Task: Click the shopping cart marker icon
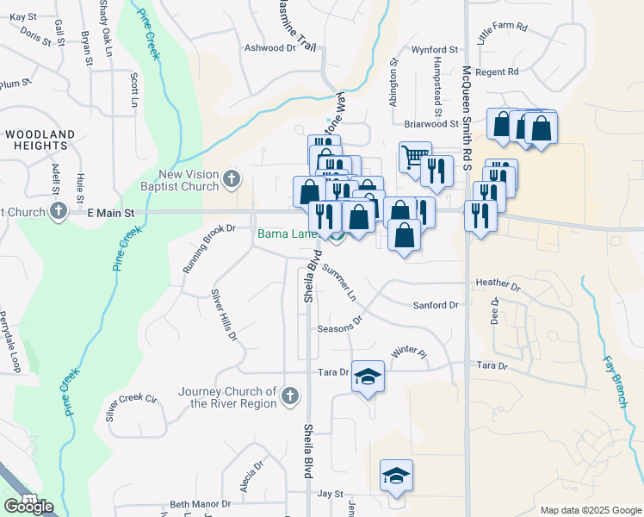tap(415, 157)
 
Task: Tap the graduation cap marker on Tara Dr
tap(368, 377)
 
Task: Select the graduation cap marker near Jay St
tap(396, 476)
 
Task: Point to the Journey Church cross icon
tap(290, 397)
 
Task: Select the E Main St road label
tap(111, 211)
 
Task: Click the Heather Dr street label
tap(498, 283)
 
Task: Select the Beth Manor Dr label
tap(201, 504)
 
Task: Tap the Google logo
tap(29, 507)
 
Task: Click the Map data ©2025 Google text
tap(589, 510)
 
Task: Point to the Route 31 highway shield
tap(31, 500)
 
